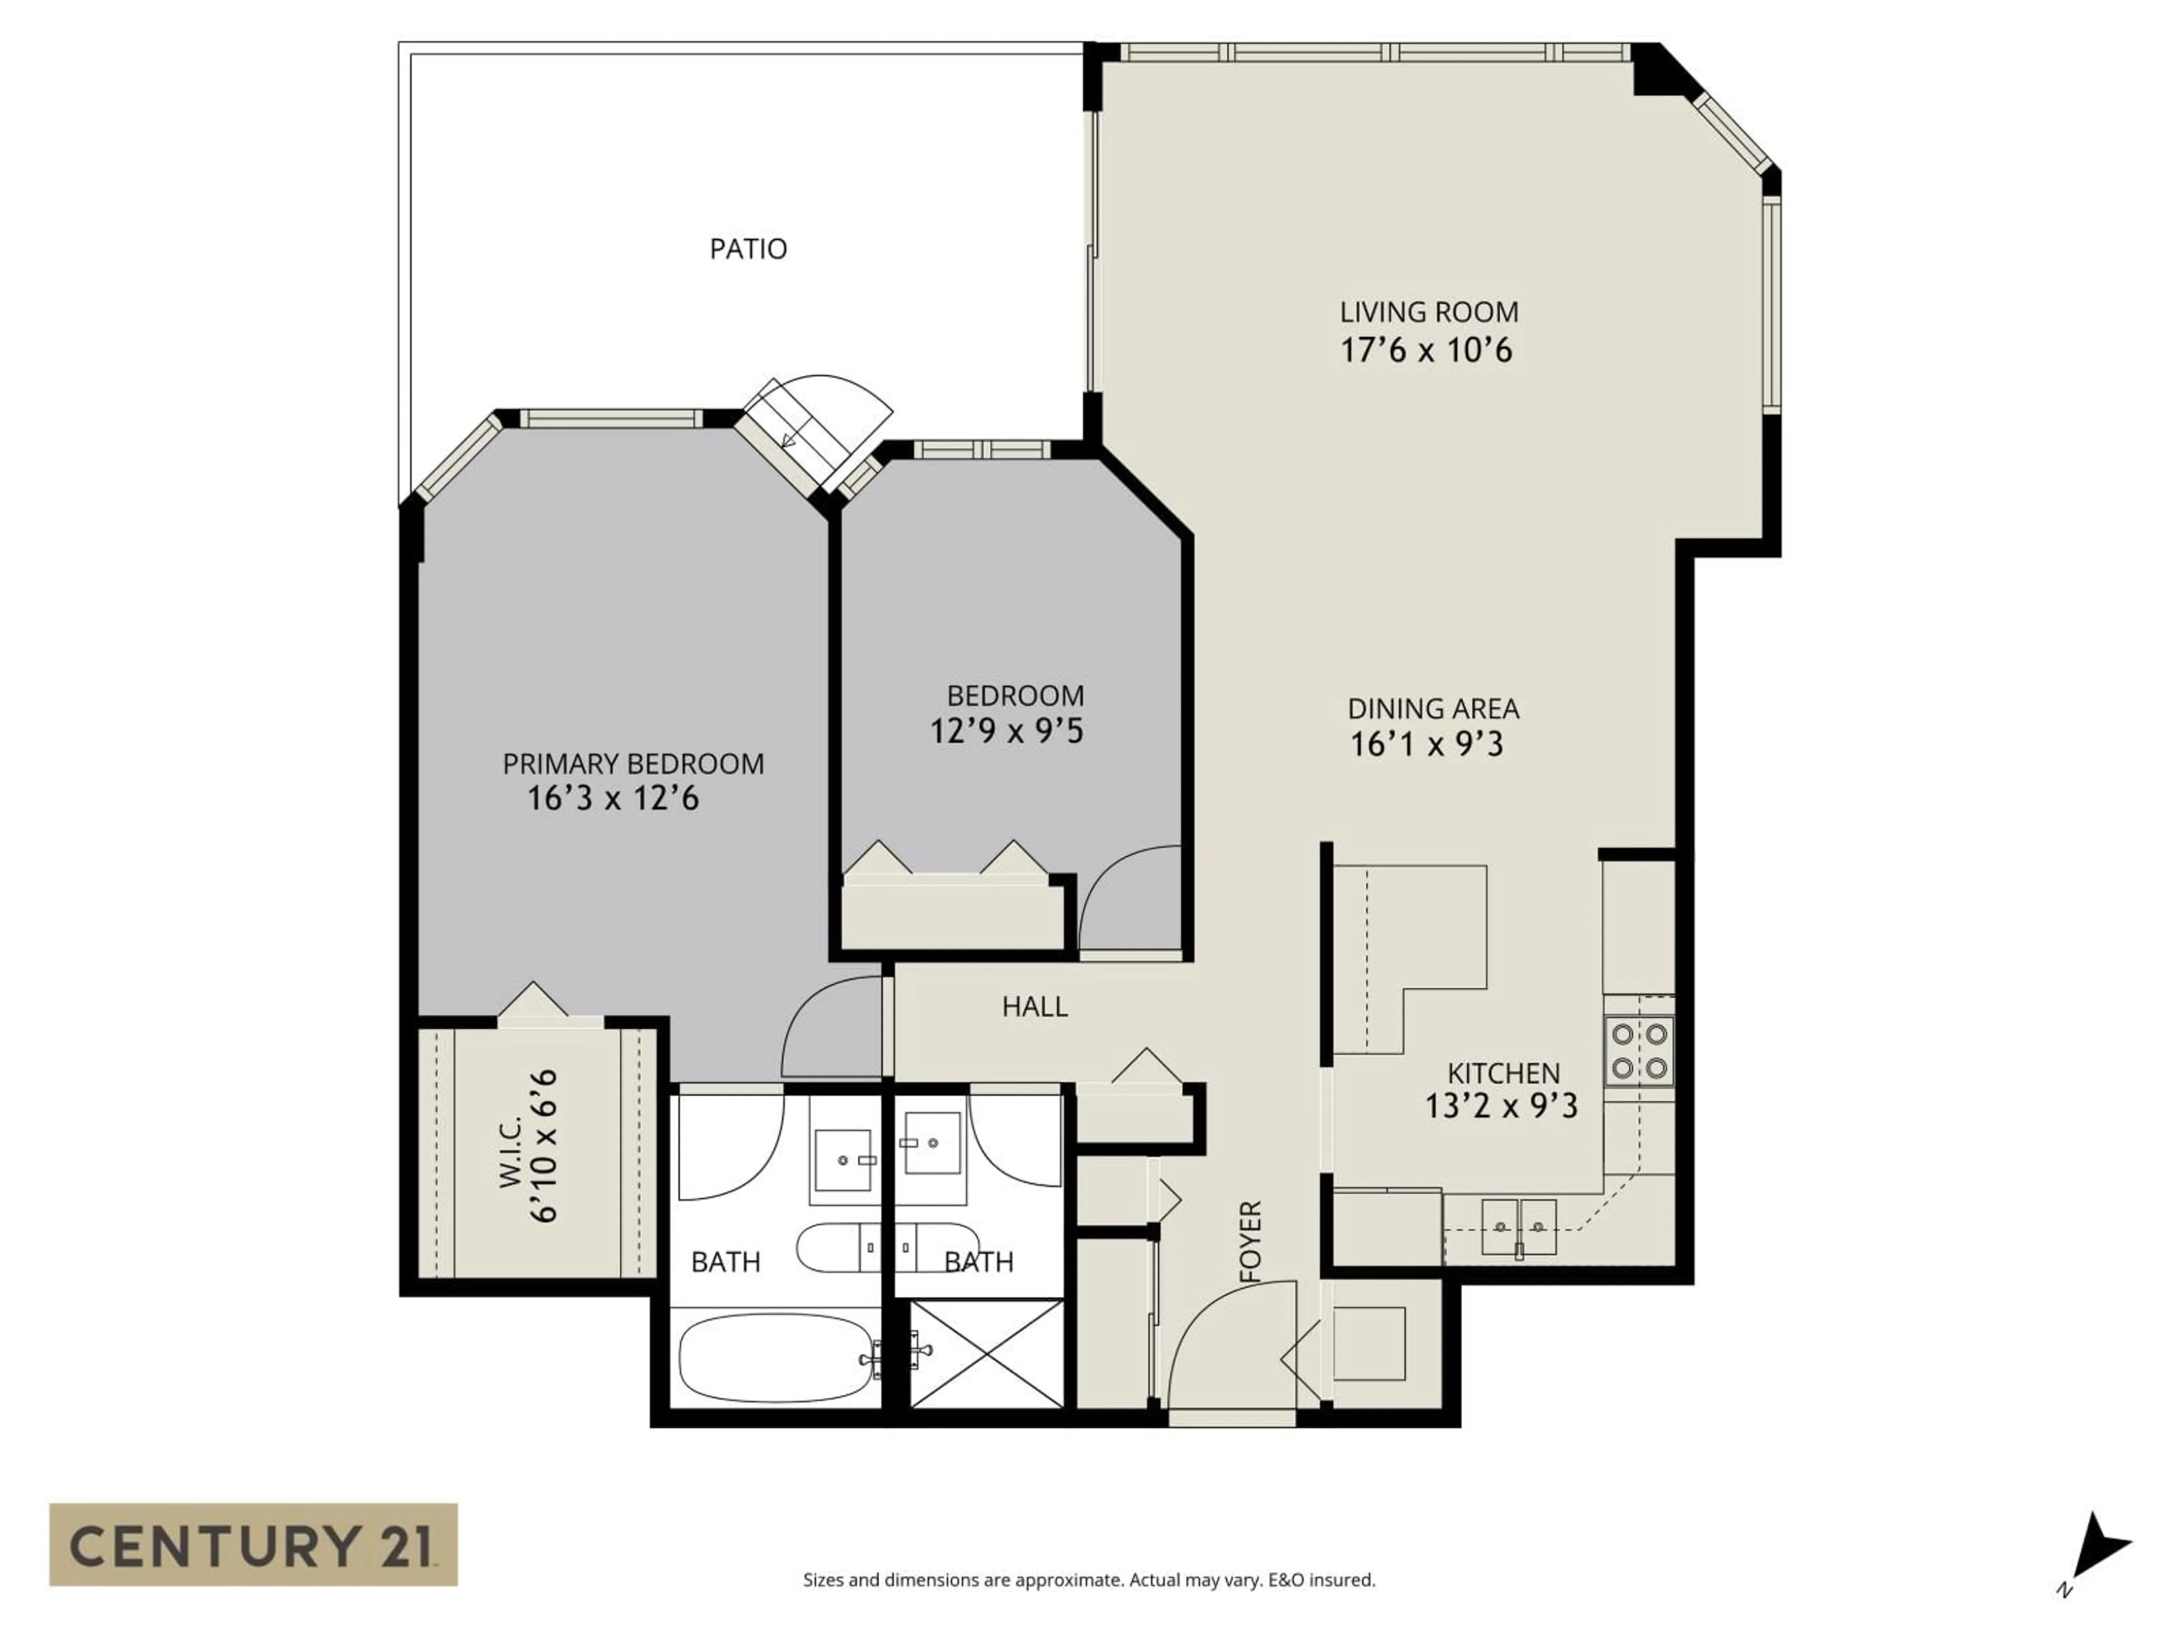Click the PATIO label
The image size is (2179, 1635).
pyautogui.click(x=748, y=248)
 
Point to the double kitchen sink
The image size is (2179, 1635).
pyautogui.click(x=1518, y=1226)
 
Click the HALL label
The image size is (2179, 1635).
pyautogui.click(x=1034, y=1006)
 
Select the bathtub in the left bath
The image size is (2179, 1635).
pyautogui.click(x=776, y=1358)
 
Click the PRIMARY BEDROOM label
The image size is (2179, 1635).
pyautogui.click(x=633, y=764)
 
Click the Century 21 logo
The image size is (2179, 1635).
pyautogui.click(x=253, y=1544)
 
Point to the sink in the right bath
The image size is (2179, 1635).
pyautogui.click(x=932, y=1143)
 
